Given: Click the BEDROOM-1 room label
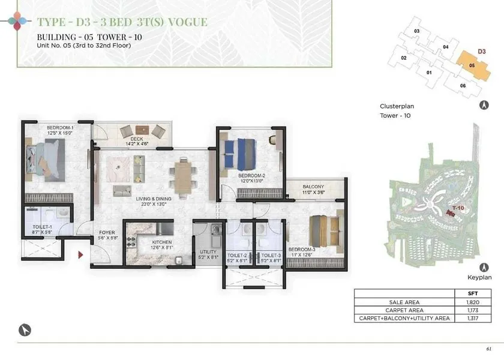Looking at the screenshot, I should click(x=60, y=128).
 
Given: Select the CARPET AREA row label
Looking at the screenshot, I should click(x=404, y=310).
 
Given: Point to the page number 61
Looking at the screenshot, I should click(x=489, y=349).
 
